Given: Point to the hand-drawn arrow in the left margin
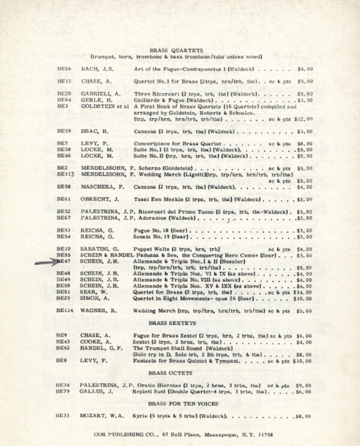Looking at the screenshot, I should [47, 261].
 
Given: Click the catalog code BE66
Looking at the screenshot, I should [64, 70].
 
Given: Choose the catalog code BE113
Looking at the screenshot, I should [65, 174].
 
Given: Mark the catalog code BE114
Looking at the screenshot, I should [65, 312].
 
